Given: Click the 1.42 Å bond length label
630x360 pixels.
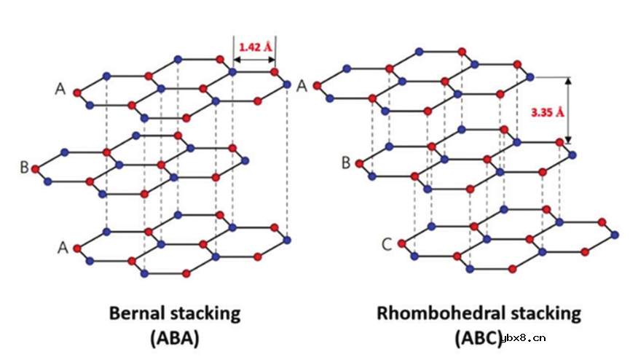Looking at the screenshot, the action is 256,47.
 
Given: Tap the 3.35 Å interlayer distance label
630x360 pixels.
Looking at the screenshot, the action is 547,113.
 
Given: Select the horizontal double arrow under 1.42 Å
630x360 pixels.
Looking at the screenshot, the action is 254,60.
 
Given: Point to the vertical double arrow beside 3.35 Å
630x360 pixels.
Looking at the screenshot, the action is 568,110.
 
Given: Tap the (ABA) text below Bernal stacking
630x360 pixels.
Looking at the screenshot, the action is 175,338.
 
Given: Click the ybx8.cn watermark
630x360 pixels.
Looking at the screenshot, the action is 524,338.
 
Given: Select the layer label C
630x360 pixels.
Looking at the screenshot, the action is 387,244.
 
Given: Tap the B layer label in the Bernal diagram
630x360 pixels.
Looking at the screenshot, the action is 24,168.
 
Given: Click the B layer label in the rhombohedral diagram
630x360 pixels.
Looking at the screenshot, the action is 345,163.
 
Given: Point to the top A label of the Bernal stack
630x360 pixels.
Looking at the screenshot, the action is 60,88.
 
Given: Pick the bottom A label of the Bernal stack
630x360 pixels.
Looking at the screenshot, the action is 63,247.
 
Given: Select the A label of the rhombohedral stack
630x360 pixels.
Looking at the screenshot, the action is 302,86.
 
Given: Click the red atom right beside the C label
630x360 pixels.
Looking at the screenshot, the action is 401,243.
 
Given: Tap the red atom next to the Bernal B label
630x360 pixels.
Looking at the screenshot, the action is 36,169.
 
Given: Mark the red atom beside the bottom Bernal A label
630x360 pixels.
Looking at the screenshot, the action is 76,249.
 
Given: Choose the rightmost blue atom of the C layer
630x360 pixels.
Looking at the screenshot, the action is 615,235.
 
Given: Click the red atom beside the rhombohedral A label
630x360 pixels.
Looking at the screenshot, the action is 317,86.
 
